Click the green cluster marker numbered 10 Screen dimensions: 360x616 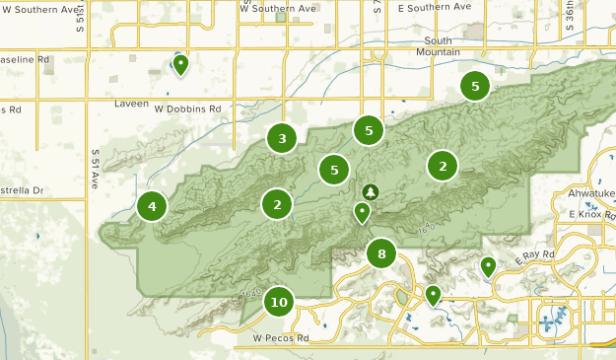click(279, 302)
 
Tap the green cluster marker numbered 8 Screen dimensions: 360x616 click(381, 253)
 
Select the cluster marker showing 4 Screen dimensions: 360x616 click(152, 207)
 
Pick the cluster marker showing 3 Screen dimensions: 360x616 click(282, 138)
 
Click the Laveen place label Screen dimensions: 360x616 click(130, 103)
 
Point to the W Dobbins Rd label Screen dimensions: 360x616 click(187, 108)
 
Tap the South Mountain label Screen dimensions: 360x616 click(435, 45)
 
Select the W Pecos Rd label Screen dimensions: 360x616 click(281, 338)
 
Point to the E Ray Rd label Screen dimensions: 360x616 click(535, 255)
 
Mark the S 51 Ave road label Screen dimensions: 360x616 click(96, 169)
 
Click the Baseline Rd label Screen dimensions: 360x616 click(25, 59)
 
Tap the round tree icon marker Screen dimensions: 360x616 click(371, 191)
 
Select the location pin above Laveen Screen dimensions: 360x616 click(180, 65)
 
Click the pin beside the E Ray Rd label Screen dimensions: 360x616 click(488, 265)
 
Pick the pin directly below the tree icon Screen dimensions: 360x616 click(363, 211)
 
